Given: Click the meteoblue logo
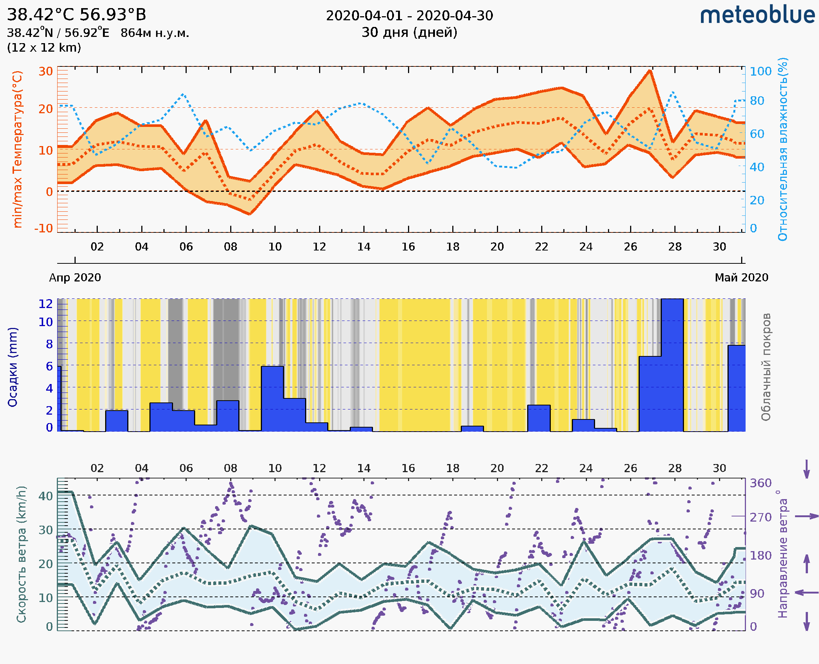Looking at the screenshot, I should click(x=757, y=15).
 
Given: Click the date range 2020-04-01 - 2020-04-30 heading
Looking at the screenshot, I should click(x=409, y=16).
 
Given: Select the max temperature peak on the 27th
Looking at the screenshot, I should click(x=650, y=71).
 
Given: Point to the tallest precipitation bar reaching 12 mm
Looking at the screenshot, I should click(x=672, y=363).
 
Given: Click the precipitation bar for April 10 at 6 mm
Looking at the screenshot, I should click(x=272, y=398).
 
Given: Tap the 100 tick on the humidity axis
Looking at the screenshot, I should click(x=760, y=71).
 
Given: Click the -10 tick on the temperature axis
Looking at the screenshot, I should click(x=44, y=228).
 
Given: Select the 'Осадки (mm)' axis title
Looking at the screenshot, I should click(x=13, y=367).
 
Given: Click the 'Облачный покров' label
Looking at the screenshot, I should click(x=766, y=367).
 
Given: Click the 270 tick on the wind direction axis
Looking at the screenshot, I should click(x=760, y=518).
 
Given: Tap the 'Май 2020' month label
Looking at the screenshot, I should click(x=742, y=278).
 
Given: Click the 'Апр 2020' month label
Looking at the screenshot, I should click(x=75, y=278).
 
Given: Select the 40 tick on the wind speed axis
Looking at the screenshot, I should click(x=45, y=496).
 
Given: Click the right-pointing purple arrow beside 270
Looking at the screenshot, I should click(x=806, y=516).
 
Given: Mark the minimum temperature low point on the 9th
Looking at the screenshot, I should click(x=250, y=214).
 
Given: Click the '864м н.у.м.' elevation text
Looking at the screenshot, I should click(x=155, y=33).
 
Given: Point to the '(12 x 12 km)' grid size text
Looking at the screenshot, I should click(x=44, y=48).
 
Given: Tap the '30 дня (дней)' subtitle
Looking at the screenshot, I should click(x=409, y=32).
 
